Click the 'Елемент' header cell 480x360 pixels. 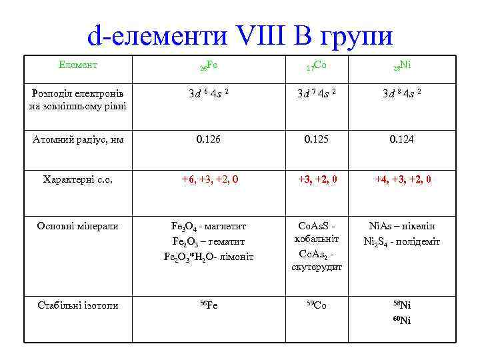coord(78,65)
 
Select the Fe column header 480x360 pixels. coord(209,66)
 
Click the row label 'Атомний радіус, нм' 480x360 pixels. coord(78,139)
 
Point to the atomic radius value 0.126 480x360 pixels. coord(209,139)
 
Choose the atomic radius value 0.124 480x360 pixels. coord(403,139)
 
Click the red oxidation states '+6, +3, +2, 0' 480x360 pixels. coord(209,179)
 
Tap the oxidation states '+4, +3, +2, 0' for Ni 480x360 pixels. coord(403,179)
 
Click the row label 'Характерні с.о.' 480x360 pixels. coord(78,179)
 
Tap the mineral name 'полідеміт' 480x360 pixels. coord(418,241)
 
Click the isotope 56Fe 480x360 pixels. coord(209,305)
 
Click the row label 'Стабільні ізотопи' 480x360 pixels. coord(78,305)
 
